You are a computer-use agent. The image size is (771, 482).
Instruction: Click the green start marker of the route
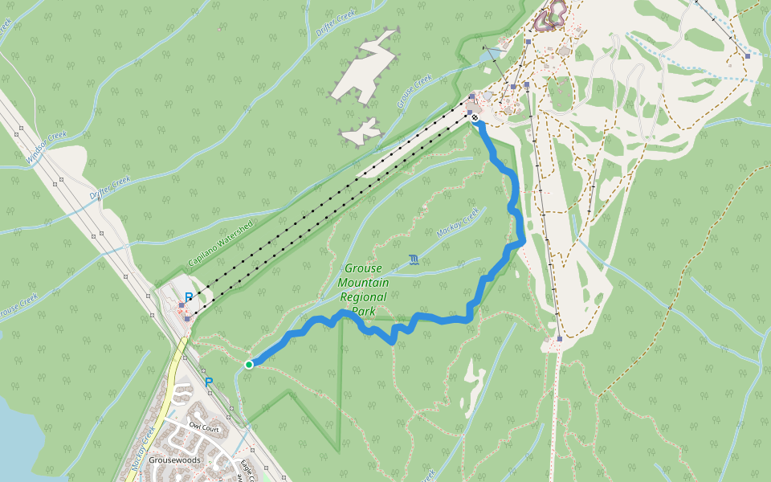[249, 365]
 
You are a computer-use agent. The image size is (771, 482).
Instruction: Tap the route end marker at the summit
[475, 118]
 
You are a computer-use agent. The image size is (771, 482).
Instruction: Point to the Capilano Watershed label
[220, 243]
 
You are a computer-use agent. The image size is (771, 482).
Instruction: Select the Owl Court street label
[204, 427]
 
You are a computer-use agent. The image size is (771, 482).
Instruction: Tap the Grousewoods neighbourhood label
[174, 460]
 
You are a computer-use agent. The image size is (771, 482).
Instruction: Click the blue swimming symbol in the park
[413, 259]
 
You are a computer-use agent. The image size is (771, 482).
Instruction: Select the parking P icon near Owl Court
[209, 382]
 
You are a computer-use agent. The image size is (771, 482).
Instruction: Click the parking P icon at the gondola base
[189, 297]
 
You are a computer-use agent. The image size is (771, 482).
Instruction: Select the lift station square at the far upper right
[748, 55]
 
